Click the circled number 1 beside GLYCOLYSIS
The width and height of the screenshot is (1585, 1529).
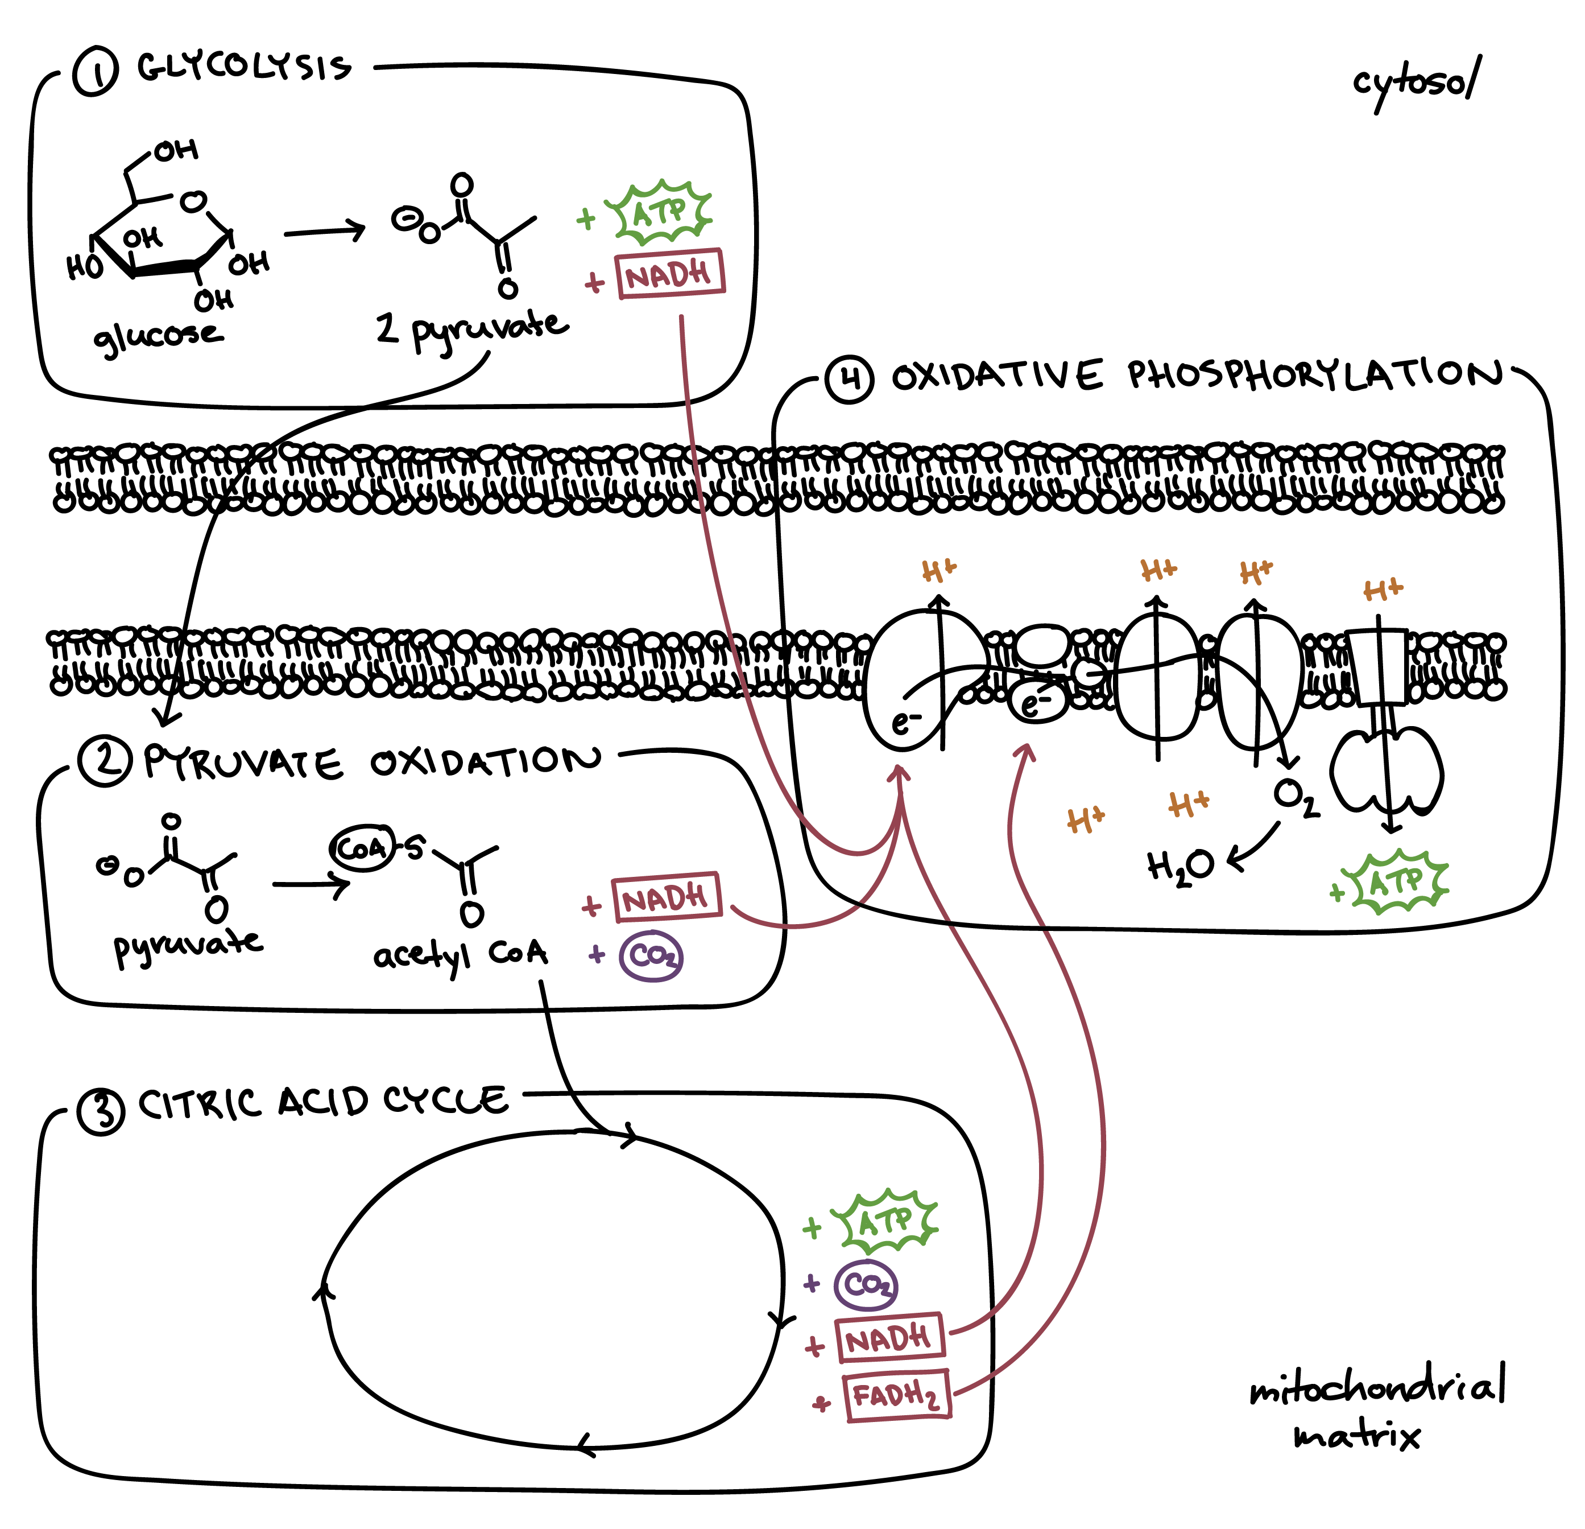pos(96,71)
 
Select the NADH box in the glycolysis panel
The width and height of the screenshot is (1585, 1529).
pos(669,275)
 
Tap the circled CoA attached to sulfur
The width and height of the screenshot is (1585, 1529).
pos(362,848)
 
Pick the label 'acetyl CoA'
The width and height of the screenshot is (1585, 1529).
pos(460,955)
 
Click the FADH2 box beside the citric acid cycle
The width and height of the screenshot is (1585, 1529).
pos(897,1395)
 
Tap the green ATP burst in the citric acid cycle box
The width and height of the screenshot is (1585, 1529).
pos(886,1221)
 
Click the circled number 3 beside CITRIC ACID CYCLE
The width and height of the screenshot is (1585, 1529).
pos(101,1111)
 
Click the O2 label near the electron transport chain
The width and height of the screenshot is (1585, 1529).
pos(1296,797)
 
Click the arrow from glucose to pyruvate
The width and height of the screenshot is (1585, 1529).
pos(324,232)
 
